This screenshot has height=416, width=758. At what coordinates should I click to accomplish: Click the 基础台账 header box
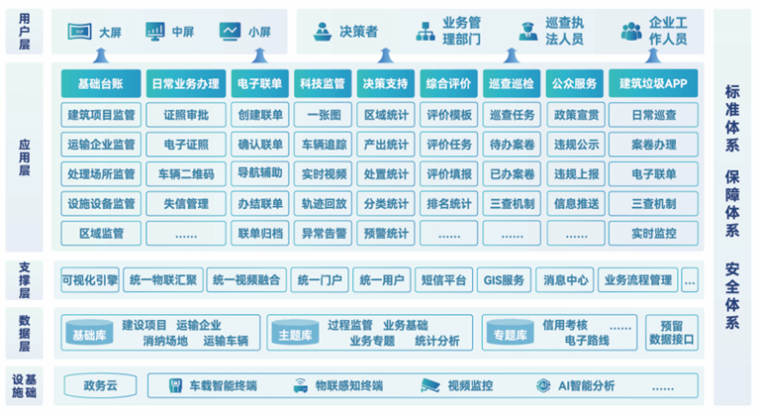[x=101, y=83]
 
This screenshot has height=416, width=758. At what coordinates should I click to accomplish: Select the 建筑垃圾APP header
[x=653, y=83]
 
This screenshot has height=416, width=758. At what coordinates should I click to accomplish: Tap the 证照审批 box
[x=186, y=115]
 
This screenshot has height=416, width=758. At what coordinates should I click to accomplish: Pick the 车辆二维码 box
[x=186, y=174]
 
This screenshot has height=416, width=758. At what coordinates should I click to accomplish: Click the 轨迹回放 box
[x=324, y=204]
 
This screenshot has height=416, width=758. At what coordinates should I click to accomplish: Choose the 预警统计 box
[x=386, y=234]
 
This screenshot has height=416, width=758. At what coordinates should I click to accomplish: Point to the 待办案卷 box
[x=512, y=145]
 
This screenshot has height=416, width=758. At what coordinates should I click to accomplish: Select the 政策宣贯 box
[x=576, y=115]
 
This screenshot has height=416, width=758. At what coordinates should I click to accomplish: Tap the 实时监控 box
[x=653, y=234]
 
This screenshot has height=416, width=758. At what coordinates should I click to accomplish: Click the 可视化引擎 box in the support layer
[x=90, y=280]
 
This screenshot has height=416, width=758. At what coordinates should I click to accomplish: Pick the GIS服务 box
[x=504, y=280]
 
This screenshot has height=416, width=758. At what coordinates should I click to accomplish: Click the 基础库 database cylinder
[x=89, y=333]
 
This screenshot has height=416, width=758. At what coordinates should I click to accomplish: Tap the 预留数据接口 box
[x=672, y=333]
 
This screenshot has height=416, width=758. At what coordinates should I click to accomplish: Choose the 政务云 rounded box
[x=100, y=386]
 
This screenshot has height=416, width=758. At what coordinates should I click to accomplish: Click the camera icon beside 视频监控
[x=429, y=385]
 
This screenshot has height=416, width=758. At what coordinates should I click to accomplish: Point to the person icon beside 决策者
[x=323, y=32]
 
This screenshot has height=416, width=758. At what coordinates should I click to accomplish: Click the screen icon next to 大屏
[x=80, y=32]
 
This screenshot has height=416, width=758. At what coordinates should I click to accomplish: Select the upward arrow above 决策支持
[x=385, y=55]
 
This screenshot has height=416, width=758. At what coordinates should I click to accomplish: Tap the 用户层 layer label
[x=24, y=32]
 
